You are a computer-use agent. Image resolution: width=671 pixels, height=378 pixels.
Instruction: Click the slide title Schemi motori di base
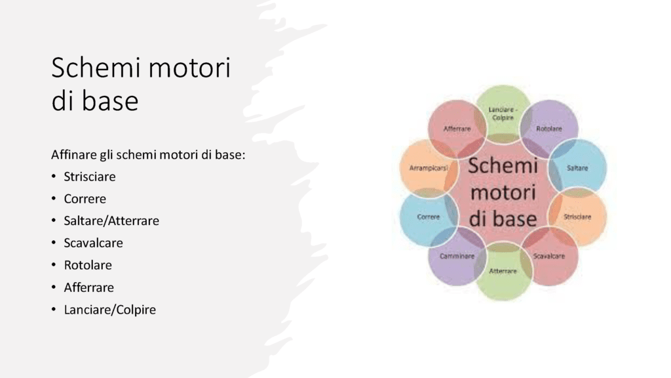141,84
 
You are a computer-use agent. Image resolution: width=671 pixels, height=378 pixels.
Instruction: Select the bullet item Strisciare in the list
89,177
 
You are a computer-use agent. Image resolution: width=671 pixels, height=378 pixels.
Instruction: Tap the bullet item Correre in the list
85,199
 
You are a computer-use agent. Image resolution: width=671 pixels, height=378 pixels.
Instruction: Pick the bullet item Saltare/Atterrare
111,220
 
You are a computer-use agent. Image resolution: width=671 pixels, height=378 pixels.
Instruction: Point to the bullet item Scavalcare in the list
93,243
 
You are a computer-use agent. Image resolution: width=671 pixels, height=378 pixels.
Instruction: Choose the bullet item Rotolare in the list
88,265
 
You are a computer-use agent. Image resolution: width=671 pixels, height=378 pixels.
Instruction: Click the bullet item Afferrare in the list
88,287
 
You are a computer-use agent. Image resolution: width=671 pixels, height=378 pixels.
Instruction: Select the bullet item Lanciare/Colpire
109,310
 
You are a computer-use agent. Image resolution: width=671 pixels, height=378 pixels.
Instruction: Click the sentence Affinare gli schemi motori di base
148,155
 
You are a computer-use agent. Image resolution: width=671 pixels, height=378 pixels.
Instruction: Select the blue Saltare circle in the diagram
577,168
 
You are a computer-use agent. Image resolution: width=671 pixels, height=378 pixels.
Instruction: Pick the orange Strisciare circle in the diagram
577,217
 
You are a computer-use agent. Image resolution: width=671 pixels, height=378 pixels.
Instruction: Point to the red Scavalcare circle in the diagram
549,256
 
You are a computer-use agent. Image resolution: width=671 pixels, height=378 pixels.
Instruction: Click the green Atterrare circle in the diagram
503,271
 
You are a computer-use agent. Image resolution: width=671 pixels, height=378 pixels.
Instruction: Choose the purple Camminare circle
457,256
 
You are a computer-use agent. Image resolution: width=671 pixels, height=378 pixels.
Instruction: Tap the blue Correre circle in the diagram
429,217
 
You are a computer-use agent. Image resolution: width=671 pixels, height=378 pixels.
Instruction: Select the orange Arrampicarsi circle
429,168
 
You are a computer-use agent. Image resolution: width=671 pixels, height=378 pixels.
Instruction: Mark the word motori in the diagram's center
503,192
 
